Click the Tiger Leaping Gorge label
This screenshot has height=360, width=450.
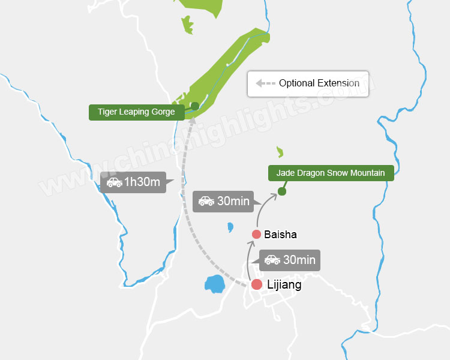(136, 112)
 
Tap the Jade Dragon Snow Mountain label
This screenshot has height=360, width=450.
(331, 173)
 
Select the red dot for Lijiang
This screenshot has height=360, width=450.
(257, 284)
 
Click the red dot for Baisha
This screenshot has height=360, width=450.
(256, 234)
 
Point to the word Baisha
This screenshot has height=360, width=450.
(280, 234)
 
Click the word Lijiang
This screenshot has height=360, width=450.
(284, 285)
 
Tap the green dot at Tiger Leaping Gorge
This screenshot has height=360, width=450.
(194, 106)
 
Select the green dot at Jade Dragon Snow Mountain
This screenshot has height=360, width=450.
(281, 191)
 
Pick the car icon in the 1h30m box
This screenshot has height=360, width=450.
(114, 182)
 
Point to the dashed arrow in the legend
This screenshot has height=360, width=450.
(265, 83)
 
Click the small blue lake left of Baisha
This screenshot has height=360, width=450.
(230, 227)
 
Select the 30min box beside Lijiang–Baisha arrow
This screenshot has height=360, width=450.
(290, 260)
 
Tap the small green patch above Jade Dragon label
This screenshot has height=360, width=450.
(280, 152)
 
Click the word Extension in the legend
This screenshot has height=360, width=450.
(339, 83)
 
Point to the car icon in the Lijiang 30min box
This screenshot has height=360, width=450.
(272, 260)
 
